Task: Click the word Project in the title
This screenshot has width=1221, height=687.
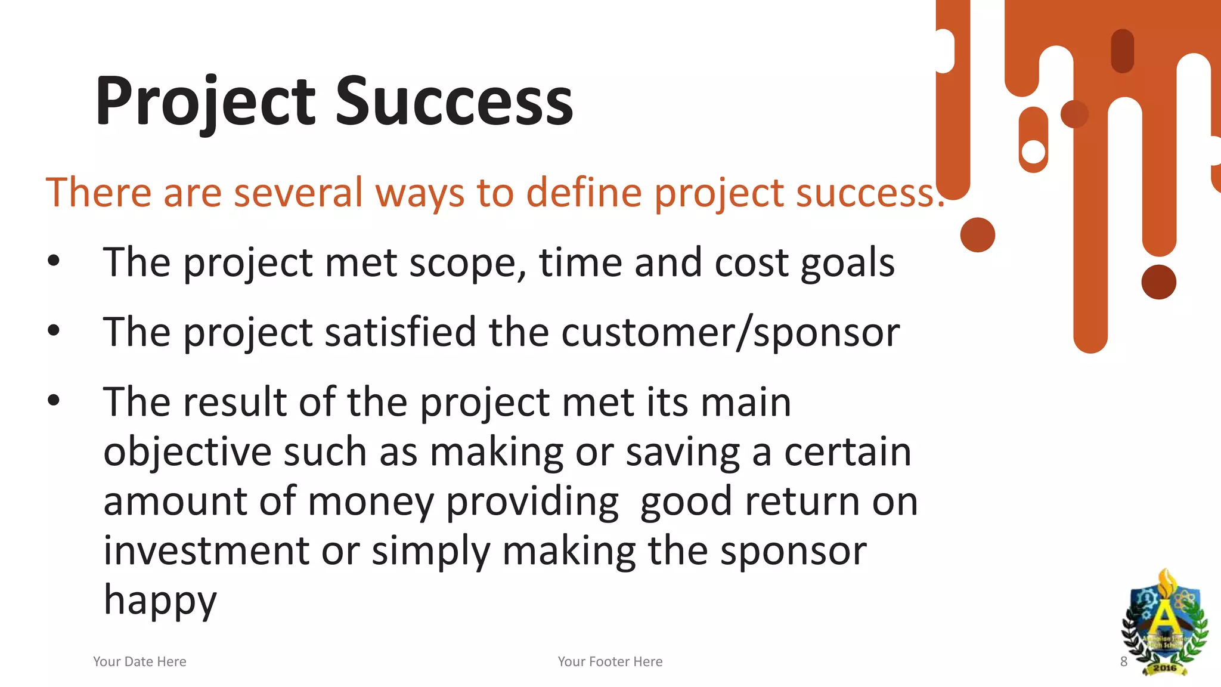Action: (204, 101)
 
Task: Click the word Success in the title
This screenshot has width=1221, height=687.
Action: (454, 101)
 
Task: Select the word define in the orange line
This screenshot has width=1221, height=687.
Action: (584, 193)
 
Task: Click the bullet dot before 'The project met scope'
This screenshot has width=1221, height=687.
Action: (54, 261)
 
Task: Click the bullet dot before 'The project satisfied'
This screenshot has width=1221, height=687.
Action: (54, 330)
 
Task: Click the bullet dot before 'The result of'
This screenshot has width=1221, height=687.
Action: (54, 400)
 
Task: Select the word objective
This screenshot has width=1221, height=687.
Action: (187, 452)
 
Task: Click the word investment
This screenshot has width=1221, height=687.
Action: (206, 550)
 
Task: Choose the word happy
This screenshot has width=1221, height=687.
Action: (160, 600)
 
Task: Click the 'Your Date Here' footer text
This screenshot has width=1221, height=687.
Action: (140, 661)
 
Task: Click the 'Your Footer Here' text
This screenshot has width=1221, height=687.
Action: (610, 661)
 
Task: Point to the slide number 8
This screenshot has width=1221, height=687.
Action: (1123, 661)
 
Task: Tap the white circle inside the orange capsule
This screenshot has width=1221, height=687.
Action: (1033, 151)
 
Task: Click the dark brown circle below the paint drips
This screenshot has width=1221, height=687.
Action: (1158, 282)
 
